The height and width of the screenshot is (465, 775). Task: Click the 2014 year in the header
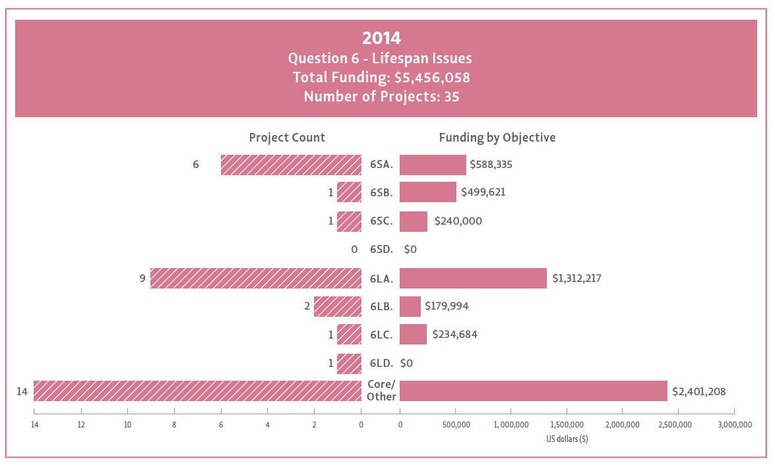[381, 38]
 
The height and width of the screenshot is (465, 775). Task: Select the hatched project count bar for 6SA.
[291, 165]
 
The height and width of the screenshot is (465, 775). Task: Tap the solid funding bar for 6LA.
[473, 278]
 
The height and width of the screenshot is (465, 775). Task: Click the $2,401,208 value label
[698, 391]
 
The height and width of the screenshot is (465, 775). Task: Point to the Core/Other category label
[381, 391]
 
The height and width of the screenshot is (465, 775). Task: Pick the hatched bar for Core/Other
[197, 391]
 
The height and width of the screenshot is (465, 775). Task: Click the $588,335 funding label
[491, 165]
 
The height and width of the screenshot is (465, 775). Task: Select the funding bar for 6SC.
[414, 221]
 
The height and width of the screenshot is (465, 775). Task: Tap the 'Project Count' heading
[287, 138]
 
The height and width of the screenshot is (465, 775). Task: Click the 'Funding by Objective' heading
[497, 138]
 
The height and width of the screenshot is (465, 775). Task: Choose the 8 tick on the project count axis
[174, 425]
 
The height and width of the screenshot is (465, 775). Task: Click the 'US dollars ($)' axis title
[567, 439]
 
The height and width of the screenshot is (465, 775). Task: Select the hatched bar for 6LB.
[338, 306]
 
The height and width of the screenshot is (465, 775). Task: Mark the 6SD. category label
[381, 250]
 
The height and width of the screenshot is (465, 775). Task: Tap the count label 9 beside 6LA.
[142, 278]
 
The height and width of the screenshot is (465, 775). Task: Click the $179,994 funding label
[447, 306]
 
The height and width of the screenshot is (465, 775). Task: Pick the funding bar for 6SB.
[428, 192]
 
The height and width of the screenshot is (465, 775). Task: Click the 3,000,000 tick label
[735, 425]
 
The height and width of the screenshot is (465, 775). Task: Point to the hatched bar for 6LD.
[350, 363]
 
